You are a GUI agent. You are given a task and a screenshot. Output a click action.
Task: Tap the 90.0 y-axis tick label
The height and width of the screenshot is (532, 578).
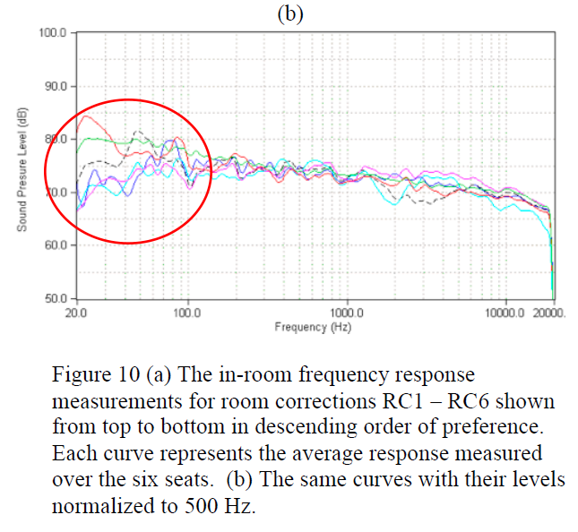56,86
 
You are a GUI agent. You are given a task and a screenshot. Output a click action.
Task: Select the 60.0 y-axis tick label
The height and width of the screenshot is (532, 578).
56,245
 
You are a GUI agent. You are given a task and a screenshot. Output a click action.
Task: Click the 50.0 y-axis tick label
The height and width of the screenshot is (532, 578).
56,297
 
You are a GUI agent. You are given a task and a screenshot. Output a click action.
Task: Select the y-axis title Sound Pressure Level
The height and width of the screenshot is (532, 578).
21,170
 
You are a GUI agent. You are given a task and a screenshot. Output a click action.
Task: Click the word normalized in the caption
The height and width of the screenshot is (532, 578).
97,504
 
